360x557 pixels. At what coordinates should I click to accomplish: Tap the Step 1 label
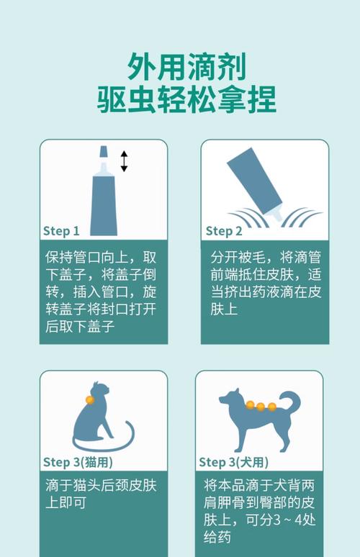(x=61, y=231)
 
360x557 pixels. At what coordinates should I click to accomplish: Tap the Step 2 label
(x=224, y=231)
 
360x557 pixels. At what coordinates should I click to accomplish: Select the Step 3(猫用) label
(x=78, y=461)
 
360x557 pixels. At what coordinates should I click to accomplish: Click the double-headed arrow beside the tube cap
(x=124, y=161)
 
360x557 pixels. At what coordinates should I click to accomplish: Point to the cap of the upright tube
(x=104, y=153)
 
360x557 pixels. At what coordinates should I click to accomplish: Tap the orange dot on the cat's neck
(x=90, y=399)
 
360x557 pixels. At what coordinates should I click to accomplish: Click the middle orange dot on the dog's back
(x=261, y=407)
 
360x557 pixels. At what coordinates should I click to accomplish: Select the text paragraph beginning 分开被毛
(x=265, y=283)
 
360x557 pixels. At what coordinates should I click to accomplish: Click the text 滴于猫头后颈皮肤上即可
(x=101, y=493)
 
